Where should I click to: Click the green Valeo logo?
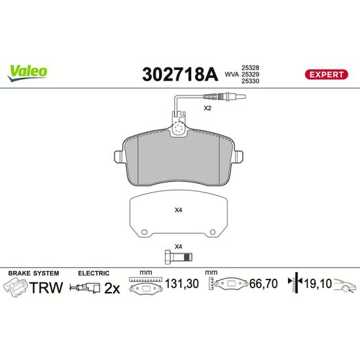pos(27,73)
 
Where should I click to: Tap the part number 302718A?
pos(180,75)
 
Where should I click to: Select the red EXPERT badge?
pos(326,75)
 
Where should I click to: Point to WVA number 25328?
pos(250,67)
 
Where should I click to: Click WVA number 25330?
pos(250,81)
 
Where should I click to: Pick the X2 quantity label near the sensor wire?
pos(207,108)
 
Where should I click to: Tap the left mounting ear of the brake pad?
pos(119,156)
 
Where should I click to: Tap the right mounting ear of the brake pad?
pos(238,156)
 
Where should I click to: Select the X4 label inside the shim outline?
pos(179,210)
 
